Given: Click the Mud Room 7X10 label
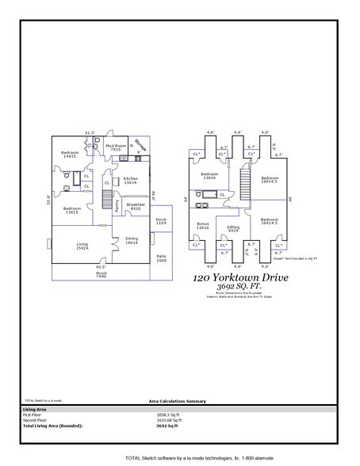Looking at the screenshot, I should coord(117,147).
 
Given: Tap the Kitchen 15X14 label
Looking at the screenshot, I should coord(131,181).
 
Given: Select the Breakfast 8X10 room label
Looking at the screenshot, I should coord(135,207).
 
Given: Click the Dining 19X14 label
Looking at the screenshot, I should coord(132,241).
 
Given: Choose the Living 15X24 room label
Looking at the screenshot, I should coord(82,246).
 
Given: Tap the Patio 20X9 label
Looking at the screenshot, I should coord(161,258).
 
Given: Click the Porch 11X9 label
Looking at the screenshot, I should coord(161,221).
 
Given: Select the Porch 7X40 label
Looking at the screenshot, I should coord(101,275).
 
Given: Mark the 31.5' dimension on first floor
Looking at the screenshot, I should coord(90,132).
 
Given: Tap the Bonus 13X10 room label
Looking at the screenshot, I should coord(203,226).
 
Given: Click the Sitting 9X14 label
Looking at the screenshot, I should coord(233,228).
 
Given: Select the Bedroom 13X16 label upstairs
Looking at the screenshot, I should coord(209,176).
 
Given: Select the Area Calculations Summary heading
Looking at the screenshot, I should coord(179,402).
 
